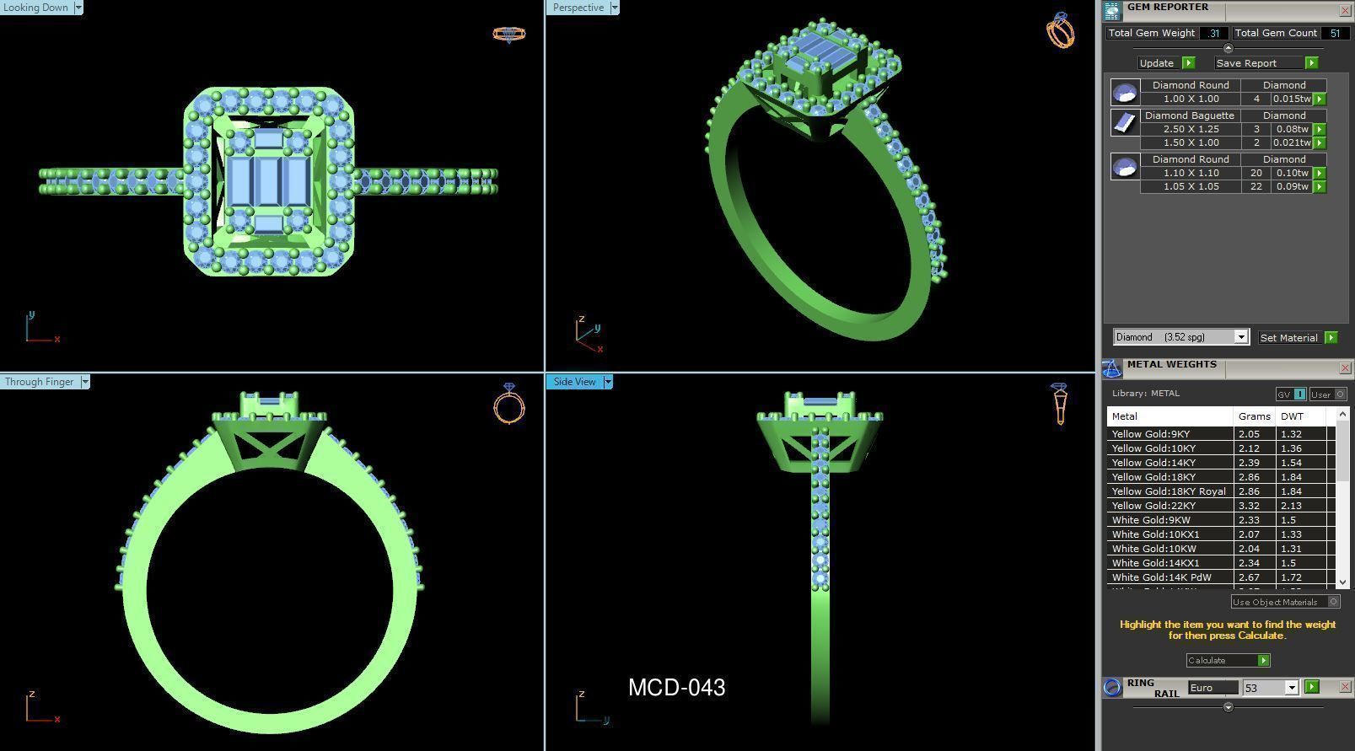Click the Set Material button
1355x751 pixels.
1288,338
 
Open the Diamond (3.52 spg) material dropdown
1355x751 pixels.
1240,337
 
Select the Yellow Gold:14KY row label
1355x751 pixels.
1153,463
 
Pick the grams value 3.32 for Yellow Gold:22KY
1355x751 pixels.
1249,506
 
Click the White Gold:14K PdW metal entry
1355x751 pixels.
1161,577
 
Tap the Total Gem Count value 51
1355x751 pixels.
1334,33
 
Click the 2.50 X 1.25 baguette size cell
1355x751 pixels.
1191,129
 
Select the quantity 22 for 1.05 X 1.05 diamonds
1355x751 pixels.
1256,186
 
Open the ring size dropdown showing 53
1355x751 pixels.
1291,688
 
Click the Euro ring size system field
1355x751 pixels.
1212,688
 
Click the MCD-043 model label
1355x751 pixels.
676,688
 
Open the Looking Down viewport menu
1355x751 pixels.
78,8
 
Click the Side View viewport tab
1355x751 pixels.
574,382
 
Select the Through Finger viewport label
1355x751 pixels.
40,382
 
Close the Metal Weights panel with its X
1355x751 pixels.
1344,368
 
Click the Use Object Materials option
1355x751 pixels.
1275,602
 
